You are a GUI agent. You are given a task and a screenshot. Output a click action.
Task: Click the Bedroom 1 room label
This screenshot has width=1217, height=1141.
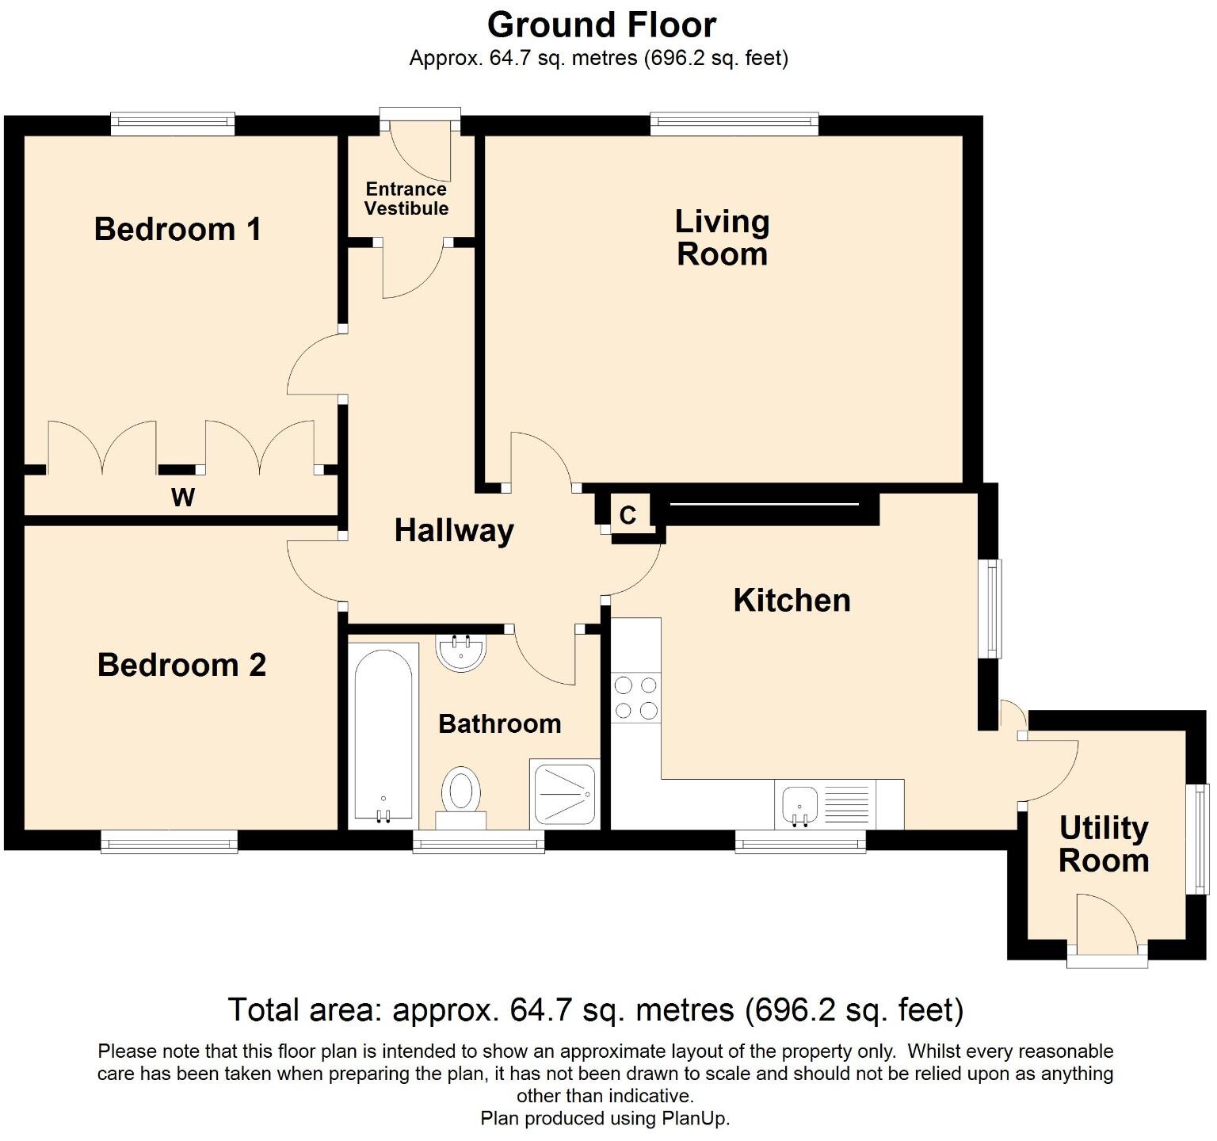(x=177, y=229)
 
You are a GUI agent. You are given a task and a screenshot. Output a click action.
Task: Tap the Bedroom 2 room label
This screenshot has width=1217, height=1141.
(x=181, y=665)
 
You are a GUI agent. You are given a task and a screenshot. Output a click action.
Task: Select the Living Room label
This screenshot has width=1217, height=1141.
(x=722, y=238)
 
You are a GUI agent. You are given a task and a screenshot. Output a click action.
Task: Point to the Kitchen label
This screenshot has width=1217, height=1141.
(x=792, y=601)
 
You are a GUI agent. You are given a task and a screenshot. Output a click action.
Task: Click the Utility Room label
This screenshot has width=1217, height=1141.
(x=1104, y=844)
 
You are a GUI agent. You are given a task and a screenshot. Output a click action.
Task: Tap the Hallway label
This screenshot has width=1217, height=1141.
(x=454, y=531)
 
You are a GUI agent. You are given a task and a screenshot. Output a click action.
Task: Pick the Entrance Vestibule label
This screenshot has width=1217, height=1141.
(x=406, y=199)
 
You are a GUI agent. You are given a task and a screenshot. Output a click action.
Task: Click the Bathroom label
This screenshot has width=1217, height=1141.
(x=500, y=723)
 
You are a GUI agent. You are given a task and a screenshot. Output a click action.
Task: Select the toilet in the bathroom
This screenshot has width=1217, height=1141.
(x=461, y=790)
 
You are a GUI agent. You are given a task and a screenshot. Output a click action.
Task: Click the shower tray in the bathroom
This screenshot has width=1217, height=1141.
(x=565, y=793)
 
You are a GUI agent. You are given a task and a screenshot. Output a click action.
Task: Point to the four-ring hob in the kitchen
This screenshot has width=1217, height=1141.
(x=636, y=697)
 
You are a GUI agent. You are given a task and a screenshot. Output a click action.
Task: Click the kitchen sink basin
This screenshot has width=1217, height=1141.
(x=799, y=806)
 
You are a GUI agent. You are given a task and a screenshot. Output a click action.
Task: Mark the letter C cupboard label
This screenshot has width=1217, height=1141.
(x=628, y=516)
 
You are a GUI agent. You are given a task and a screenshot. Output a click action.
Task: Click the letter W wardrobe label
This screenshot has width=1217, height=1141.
(x=183, y=498)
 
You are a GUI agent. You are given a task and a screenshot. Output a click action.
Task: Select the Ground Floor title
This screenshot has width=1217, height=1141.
(x=602, y=25)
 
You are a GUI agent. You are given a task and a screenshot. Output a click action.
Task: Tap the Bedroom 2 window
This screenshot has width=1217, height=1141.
(x=170, y=842)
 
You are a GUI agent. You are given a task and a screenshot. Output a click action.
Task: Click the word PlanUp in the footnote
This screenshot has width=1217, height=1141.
(x=696, y=1119)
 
